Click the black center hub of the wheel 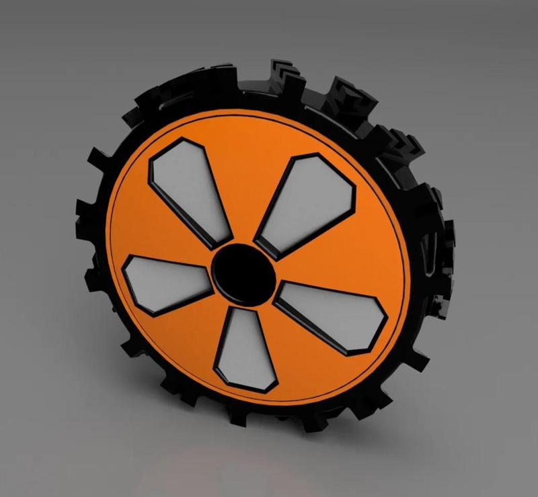(243, 271)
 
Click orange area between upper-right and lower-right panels (350, 255)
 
